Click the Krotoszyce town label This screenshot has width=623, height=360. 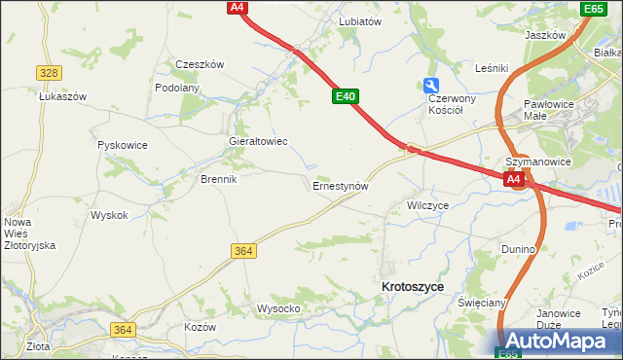pyautogui.click(x=413, y=287)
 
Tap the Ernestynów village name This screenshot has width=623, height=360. pyautogui.click(x=340, y=185)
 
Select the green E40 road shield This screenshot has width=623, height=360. pyautogui.click(x=346, y=96)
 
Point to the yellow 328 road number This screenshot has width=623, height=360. pyautogui.click(x=50, y=73)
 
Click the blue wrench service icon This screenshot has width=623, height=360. pyautogui.click(x=431, y=86)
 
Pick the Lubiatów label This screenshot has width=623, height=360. pyautogui.click(x=359, y=20)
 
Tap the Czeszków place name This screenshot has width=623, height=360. pyautogui.click(x=200, y=64)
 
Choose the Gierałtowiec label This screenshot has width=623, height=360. pyautogui.click(x=257, y=141)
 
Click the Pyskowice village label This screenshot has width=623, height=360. pyautogui.click(x=123, y=145)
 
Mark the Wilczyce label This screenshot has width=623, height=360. pyautogui.click(x=427, y=206)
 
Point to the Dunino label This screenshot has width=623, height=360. pyautogui.click(x=519, y=249)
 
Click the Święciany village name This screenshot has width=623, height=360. pyautogui.click(x=483, y=303)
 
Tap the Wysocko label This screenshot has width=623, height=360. pyautogui.click(x=278, y=308)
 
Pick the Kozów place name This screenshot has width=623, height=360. pyautogui.click(x=200, y=327)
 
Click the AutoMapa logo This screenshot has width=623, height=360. pyautogui.click(x=559, y=341)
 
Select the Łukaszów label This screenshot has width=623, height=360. pyautogui.click(x=63, y=96)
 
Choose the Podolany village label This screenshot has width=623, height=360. pyautogui.click(x=177, y=88)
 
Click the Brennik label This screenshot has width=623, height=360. pyautogui.click(x=218, y=179)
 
